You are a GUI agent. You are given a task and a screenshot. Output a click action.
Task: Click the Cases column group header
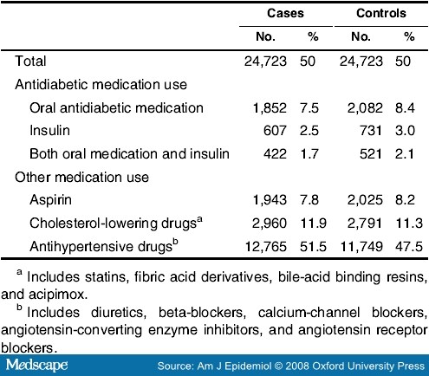pyautogui.click(x=285, y=13)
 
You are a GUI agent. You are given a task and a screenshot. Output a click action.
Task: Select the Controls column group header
pyautogui.click(x=381, y=13)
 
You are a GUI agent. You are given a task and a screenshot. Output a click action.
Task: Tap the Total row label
pyautogui.click(x=30, y=62)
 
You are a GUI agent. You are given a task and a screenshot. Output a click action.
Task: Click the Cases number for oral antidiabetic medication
pyautogui.click(x=270, y=108)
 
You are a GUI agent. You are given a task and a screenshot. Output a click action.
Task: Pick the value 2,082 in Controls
pyautogui.click(x=365, y=108)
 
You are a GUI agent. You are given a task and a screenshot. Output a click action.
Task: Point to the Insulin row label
pyautogui.click(x=49, y=131)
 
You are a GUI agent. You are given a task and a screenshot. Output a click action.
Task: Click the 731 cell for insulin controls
pyautogui.click(x=371, y=131)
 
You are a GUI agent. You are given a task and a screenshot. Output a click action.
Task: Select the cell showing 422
pyautogui.click(x=275, y=153)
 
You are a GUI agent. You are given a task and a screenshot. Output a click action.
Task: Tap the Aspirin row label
pyautogui.click(x=50, y=200)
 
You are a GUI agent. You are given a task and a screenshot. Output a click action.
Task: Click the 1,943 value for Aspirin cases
pyautogui.click(x=270, y=200)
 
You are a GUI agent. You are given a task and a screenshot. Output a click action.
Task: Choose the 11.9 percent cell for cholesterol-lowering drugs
pyautogui.click(x=313, y=224)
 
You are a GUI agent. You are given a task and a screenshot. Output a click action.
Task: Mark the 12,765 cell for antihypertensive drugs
pyautogui.click(x=266, y=247)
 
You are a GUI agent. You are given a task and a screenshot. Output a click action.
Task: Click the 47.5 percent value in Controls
pyautogui.click(x=409, y=247)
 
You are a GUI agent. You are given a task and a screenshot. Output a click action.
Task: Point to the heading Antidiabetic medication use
pyautogui.click(x=101, y=85)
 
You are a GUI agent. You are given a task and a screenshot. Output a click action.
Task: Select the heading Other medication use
pyautogui.click(x=81, y=177)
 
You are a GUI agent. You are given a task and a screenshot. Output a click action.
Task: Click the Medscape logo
pyautogui.click(x=37, y=365)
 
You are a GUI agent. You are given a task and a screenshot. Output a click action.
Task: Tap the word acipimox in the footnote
pyautogui.click(x=57, y=295)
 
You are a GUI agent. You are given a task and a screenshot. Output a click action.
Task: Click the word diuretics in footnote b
pyautogui.click(x=119, y=313)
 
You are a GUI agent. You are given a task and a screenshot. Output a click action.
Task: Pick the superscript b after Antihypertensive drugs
pyautogui.click(x=175, y=243)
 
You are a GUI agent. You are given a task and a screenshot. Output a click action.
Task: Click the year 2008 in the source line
pyautogui.click(x=298, y=366)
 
